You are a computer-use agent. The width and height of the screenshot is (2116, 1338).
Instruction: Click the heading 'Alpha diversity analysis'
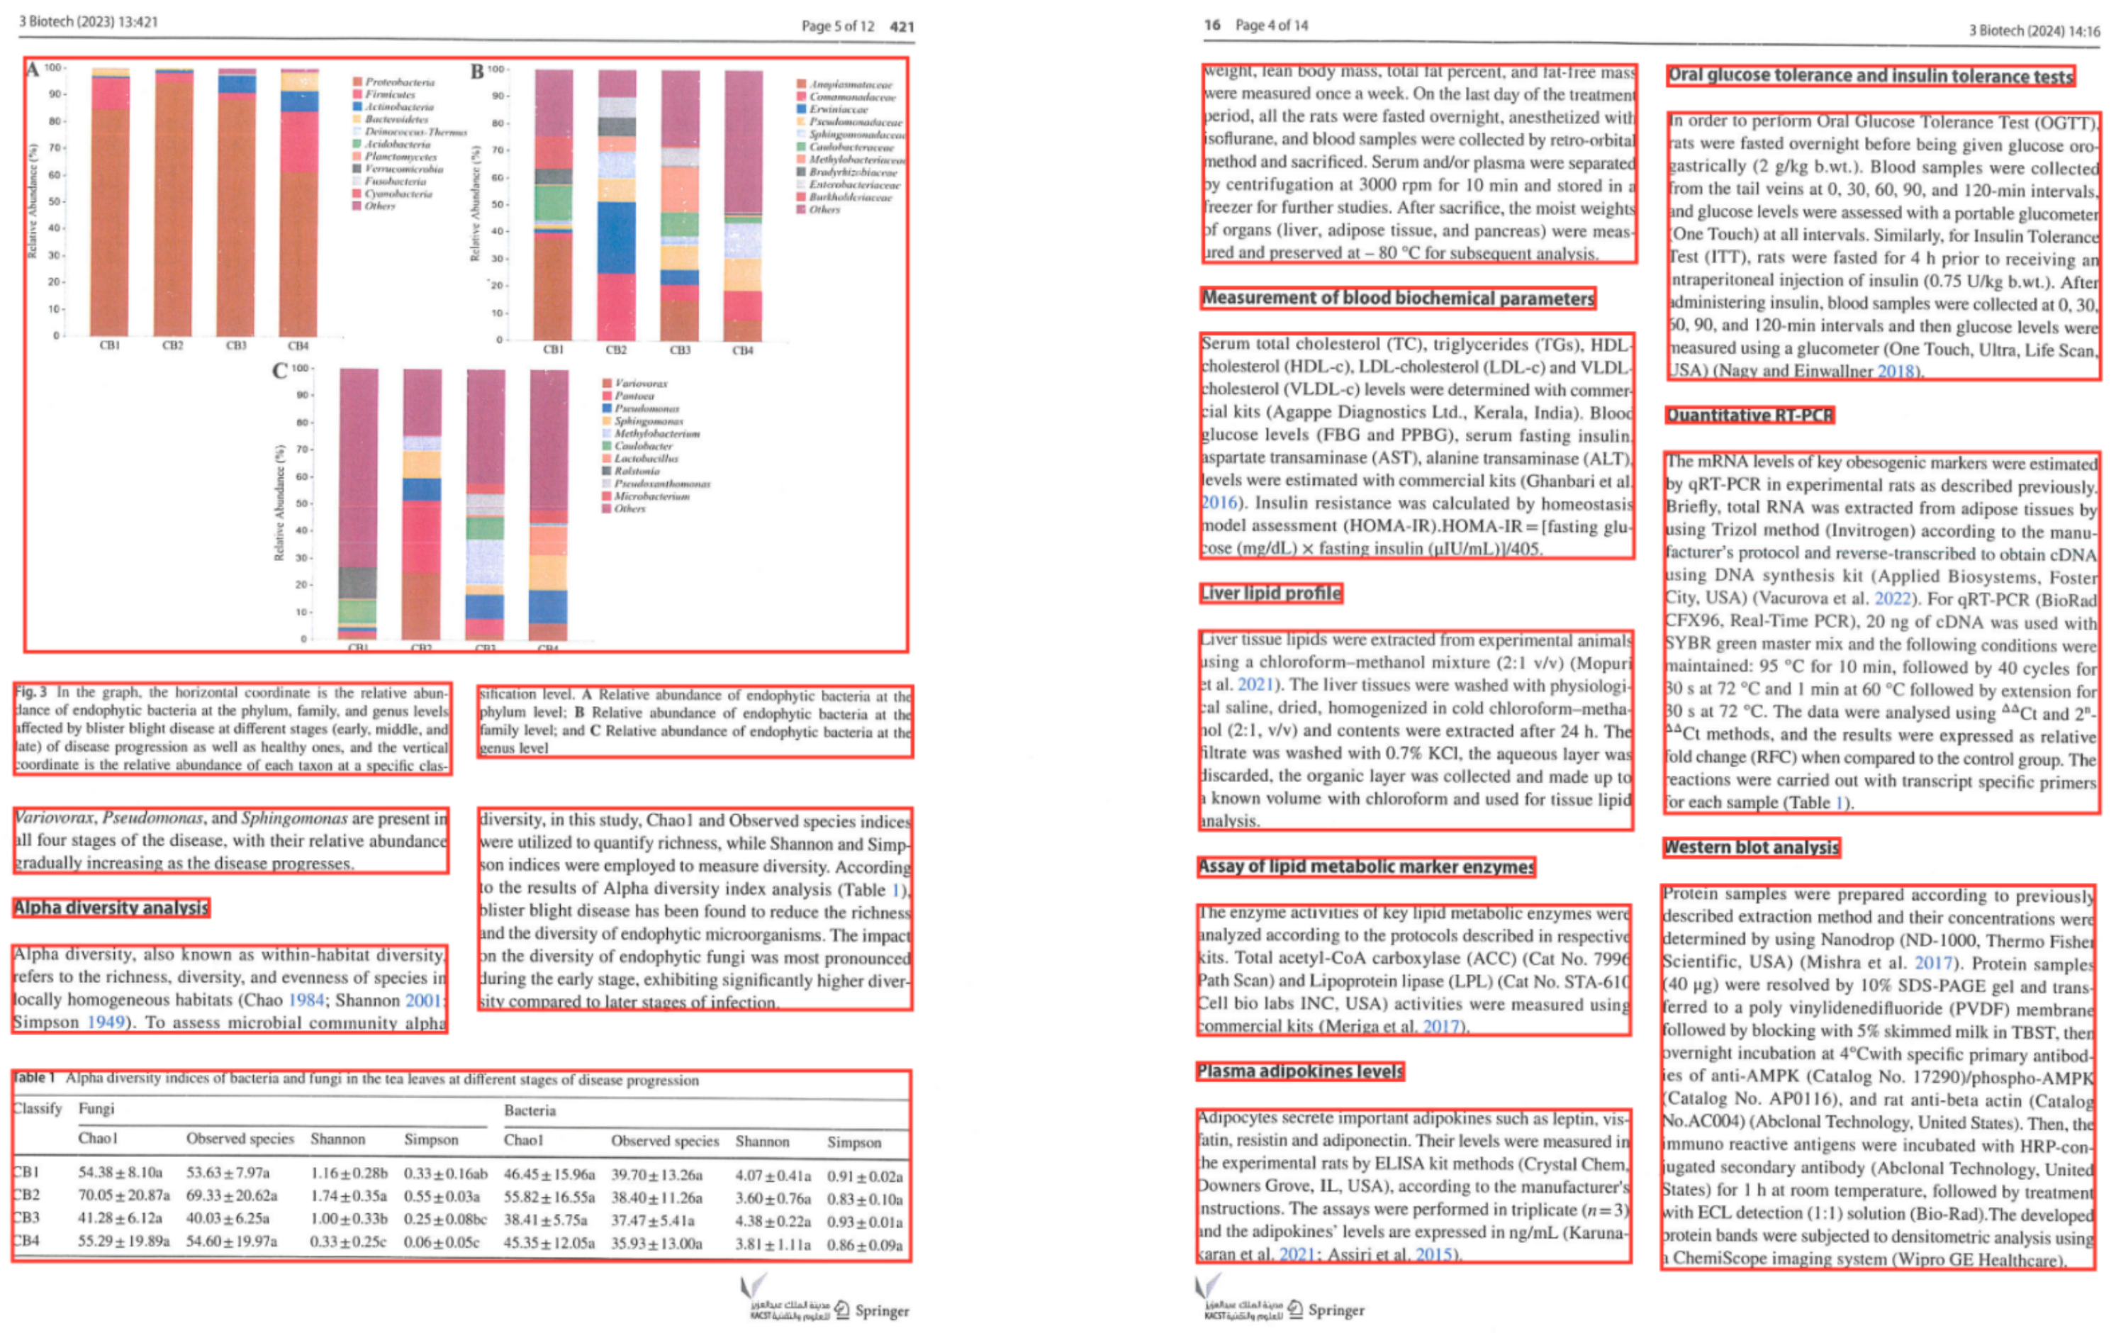pos(111,907)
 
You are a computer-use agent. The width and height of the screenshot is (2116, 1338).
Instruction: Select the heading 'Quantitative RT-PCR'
pos(1749,415)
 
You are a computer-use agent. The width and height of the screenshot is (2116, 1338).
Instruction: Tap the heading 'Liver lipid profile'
pos(1270,593)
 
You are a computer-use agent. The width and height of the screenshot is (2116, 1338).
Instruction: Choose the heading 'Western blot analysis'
pos(1752,847)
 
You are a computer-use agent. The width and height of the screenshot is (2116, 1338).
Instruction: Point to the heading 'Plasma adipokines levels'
pos(1299,1071)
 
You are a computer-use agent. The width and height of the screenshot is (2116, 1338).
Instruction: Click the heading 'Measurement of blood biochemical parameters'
pos(1397,298)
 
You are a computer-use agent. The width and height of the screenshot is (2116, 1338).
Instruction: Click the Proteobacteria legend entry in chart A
pos(399,82)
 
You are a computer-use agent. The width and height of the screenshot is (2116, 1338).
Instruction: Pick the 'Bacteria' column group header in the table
pos(529,1110)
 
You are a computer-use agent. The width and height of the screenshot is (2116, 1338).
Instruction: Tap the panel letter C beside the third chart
pos(279,371)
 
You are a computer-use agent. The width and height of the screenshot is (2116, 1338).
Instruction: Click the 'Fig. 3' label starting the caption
pos(30,692)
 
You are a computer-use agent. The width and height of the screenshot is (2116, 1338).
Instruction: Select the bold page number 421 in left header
pos(902,26)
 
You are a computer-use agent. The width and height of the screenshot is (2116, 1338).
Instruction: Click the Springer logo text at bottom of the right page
pos(1336,1310)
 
